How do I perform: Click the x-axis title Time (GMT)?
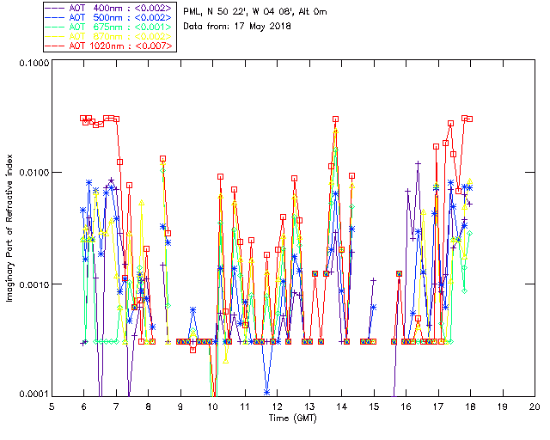click(x=293, y=419)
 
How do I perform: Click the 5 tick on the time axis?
click(x=52, y=406)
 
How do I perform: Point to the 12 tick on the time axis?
click(x=277, y=406)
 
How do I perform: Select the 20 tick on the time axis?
click(x=535, y=406)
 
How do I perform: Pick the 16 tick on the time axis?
click(x=406, y=406)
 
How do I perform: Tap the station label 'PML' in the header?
click(x=193, y=11)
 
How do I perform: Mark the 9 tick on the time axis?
click(x=180, y=406)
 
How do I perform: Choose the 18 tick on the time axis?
click(x=470, y=406)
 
